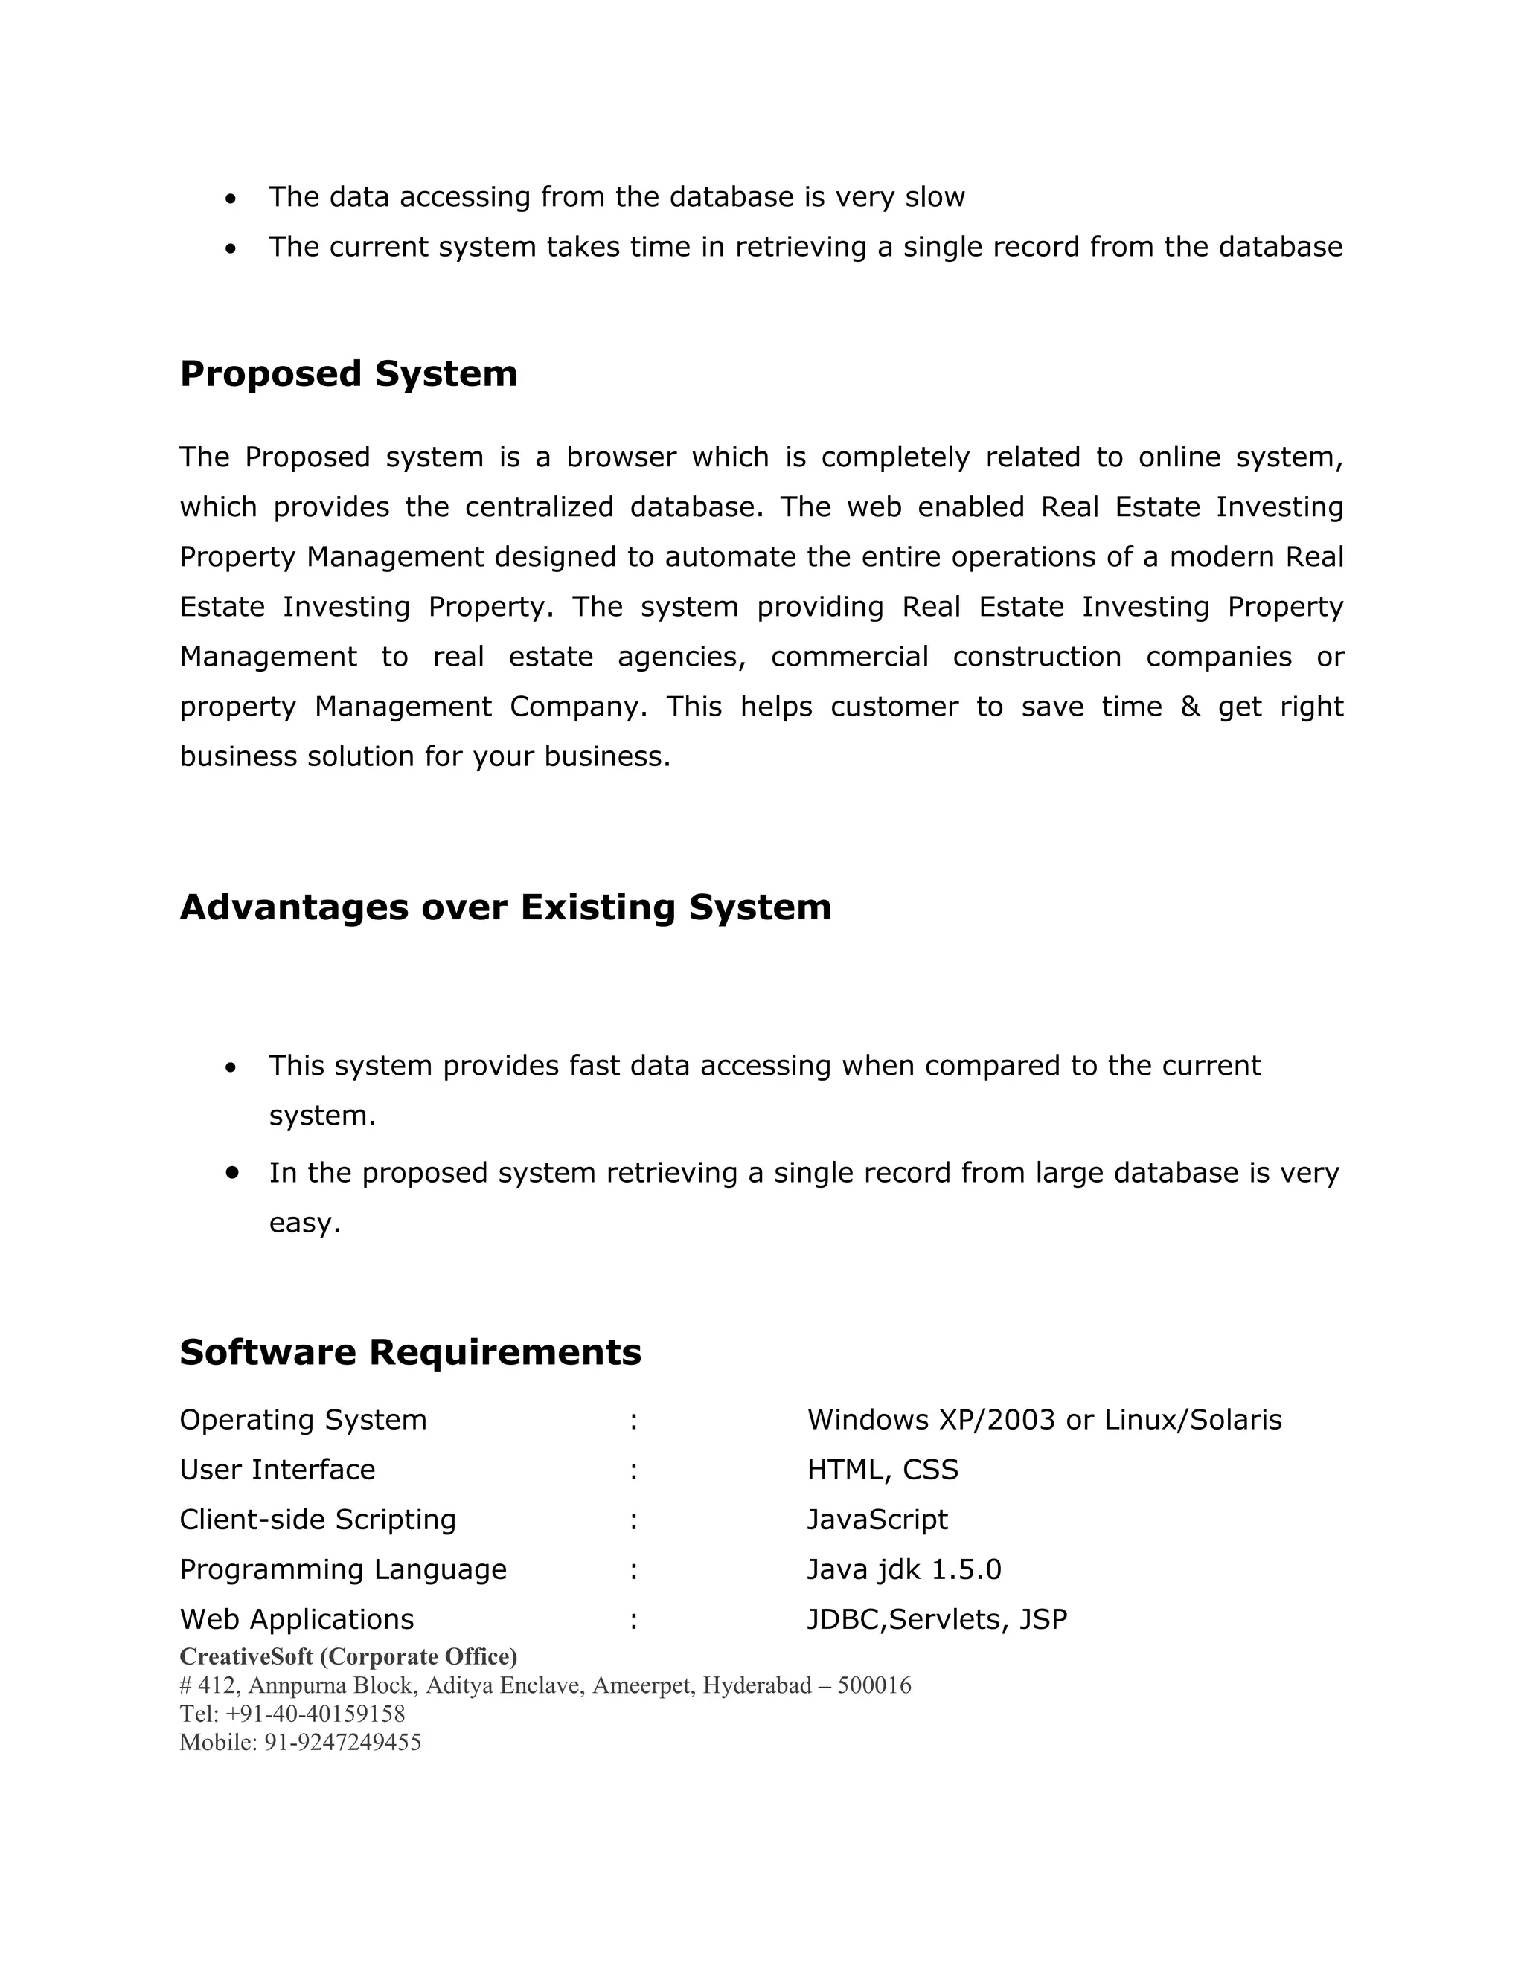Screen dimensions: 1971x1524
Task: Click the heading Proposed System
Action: coord(348,373)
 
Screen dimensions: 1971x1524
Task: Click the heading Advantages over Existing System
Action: coord(505,907)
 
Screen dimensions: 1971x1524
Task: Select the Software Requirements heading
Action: coord(410,1352)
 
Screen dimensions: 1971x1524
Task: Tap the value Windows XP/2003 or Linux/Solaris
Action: coord(1044,1420)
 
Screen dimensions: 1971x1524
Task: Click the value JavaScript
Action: coord(877,1519)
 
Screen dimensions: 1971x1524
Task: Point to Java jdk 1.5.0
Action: coord(903,1569)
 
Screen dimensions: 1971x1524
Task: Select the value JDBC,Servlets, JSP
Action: coord(936,1619)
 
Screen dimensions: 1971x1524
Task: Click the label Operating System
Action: coord(302,1420)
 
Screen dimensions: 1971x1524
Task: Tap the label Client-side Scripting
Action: coord(318,1519)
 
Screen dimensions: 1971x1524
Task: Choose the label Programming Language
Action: coord(343,1569)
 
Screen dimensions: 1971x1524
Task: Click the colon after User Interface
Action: coord(634,1470)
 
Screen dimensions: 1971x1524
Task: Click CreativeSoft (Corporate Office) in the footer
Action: coord(348,1656)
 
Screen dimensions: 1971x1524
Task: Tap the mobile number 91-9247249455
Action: coord(342,1742)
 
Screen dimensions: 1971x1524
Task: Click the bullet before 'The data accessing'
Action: coord(231,198)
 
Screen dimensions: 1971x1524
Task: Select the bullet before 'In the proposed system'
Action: coord(233,1171)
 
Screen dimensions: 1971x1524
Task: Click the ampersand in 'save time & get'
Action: coord(1190,706)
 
